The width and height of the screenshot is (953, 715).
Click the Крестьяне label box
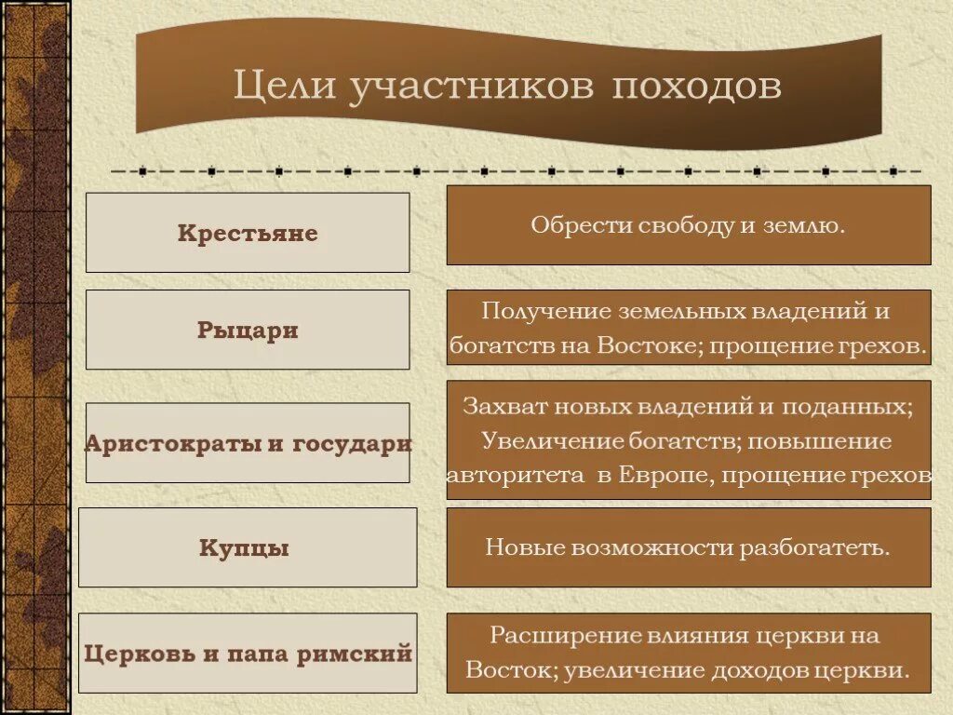tap(248, 233)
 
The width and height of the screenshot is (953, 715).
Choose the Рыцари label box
tap(248, 331)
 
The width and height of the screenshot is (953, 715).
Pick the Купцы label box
tap(248, 548)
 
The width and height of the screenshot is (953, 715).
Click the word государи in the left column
tap(352, 444)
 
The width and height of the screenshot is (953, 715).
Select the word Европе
tap(664, 475)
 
